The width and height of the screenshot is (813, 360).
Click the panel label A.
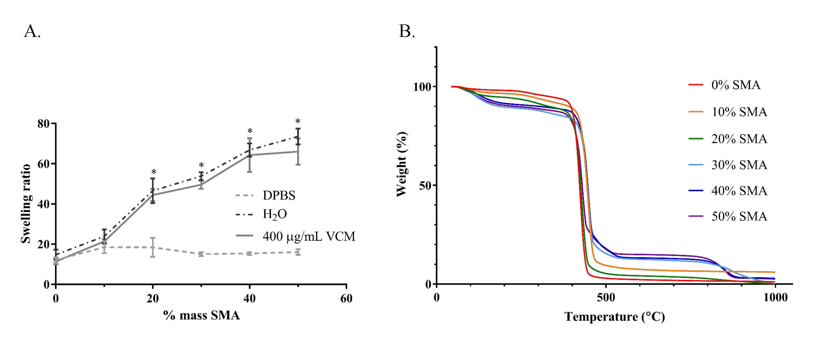coord(32,32)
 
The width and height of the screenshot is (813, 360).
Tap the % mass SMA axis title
coord(201,315)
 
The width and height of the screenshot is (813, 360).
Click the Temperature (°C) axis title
coord(614,316)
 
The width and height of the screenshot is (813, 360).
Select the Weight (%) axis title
coord(402,164)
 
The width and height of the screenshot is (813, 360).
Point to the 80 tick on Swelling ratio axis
coord(44,124)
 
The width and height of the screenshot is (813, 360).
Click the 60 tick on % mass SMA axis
coord(346,298)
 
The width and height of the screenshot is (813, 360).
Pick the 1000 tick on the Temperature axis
coord(775,297)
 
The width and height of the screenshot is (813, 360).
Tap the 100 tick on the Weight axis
coord(422,87)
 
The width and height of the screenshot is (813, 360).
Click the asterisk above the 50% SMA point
coord(298,121)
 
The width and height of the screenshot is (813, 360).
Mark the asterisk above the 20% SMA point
coord(154,172)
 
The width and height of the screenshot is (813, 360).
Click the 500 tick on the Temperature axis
coord(606,297)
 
